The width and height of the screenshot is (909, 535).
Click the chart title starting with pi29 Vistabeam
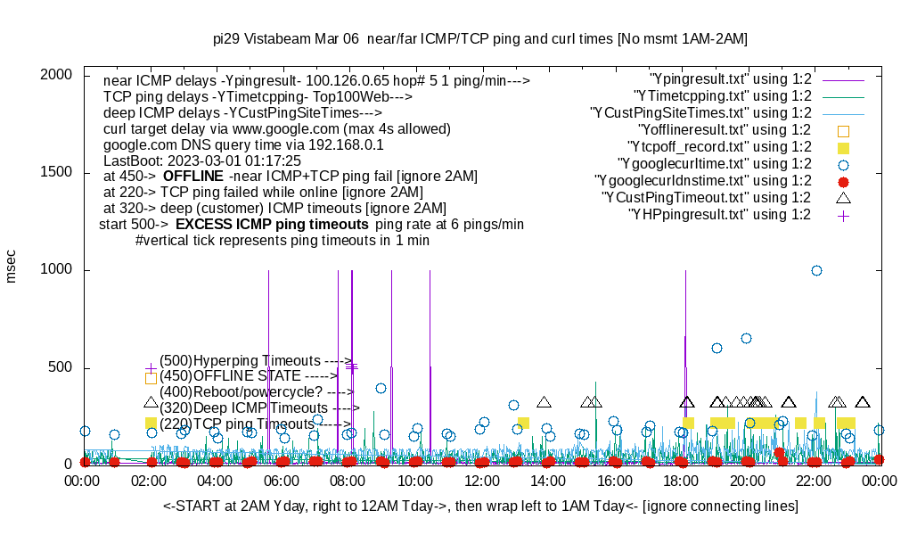(480, 39)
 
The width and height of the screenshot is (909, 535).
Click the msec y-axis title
(12, 267)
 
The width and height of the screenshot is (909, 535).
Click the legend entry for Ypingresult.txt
(730, 79)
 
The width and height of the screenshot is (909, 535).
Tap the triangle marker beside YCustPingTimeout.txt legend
(843, 197)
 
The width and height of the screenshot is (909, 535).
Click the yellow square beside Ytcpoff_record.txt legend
(843, 147)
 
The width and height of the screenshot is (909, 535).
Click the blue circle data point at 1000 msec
(816, 270)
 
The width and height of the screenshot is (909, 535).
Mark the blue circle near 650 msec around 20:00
(746, 338)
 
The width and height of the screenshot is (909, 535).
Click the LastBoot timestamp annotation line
(202, 160)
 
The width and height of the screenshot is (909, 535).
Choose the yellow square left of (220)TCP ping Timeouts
(151, 423)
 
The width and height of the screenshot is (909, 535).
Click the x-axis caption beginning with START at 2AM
(480, 506)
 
